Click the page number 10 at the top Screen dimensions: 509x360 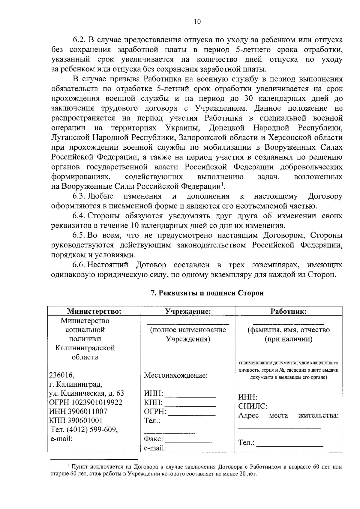(x=197, y=22)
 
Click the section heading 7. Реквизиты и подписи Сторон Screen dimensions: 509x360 (x=207, y=293)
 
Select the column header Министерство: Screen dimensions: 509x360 (x=94, y=311)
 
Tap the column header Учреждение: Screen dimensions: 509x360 (x=188, y=311)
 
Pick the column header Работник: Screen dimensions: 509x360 (x=288, y=311)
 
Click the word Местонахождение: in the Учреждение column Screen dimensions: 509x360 (x=176, y=375)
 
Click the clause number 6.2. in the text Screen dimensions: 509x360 (x=80, y=40)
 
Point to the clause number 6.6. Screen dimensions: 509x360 (x=79, y=265)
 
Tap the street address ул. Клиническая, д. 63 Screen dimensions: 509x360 (x=86, y=393)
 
